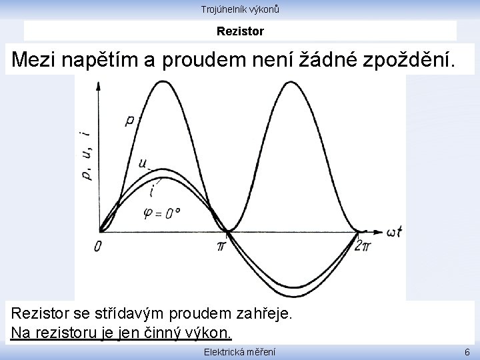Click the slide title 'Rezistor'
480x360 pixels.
[x=240, y=31]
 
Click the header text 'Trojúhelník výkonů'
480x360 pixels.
[x=240, y=9]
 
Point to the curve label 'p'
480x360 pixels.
[x=129, y=120]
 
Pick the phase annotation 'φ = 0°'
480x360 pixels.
[x=162, y=213]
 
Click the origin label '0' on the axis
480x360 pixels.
[x=98, y=247]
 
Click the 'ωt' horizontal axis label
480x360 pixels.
[x=393, y=231]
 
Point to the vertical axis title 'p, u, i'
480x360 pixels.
[x=86, y=157]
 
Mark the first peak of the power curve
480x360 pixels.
[x=162, y=81]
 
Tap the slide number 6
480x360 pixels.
[x=467, y=352]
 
